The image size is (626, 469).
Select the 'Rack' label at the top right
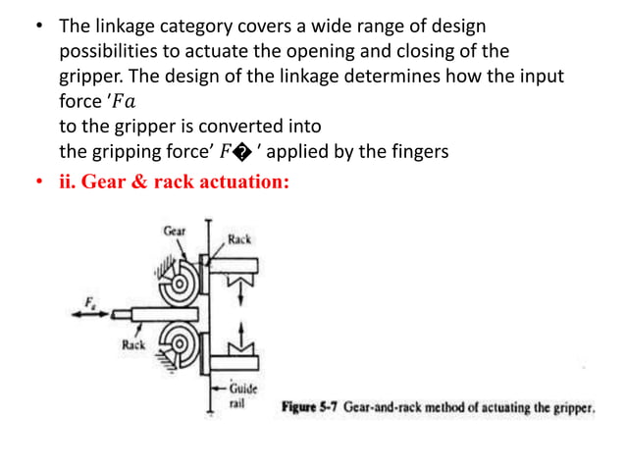pyautogui.click(x=239, y=238)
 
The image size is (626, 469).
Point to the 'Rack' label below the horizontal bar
pyautogui.click(x=133, y=345)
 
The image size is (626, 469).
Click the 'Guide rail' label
pyautogui.click(x=240, y=393)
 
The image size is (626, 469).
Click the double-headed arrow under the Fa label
pyautogui.click(x=93, y=315)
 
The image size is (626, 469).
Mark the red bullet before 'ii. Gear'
pyautogui.click(x=41, y=182)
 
